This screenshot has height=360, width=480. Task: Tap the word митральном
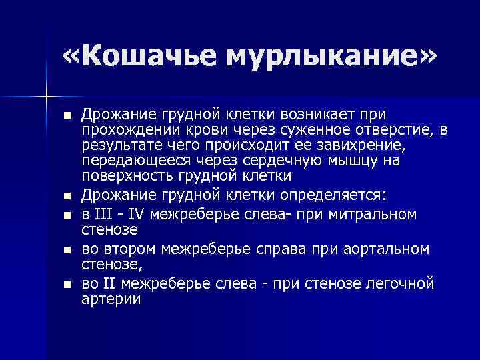pyautogui.click(x=370, y=215)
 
